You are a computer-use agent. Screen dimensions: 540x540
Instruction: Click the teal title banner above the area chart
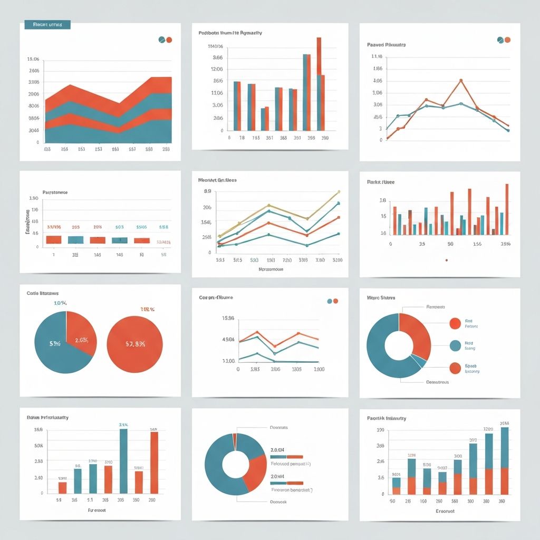click(x=47, y=25)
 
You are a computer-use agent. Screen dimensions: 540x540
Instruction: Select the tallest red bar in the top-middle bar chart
click(x=319, y=84)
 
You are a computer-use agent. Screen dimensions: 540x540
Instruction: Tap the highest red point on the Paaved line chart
click(x=461, y=81)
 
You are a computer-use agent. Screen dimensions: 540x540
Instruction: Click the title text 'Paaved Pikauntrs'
click(x=386, y=45)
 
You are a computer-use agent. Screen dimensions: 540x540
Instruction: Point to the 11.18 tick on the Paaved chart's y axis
click(x=377, y=56)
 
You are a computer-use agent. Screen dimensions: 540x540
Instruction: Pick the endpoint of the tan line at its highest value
click(x=339, y=192)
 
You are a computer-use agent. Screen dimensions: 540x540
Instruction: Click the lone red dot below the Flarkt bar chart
click(x=446, y=260)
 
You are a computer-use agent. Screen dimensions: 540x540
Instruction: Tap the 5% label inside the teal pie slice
click(x=55, y=343)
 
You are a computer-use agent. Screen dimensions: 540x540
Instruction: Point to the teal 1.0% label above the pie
click(x=60, y=303)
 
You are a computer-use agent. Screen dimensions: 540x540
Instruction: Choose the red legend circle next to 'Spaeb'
click(x=455, y=368)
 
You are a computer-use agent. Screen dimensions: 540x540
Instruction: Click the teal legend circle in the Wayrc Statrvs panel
click(x=455, y=345)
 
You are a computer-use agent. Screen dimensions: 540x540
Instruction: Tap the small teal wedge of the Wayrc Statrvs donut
click(x=418, y=360)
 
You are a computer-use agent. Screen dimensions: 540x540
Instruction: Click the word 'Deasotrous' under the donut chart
click(x=437, y=382)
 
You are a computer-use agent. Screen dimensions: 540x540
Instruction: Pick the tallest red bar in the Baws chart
click(x=154, y=462)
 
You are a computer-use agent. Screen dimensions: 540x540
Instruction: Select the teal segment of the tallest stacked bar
click(x=505, y=447)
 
